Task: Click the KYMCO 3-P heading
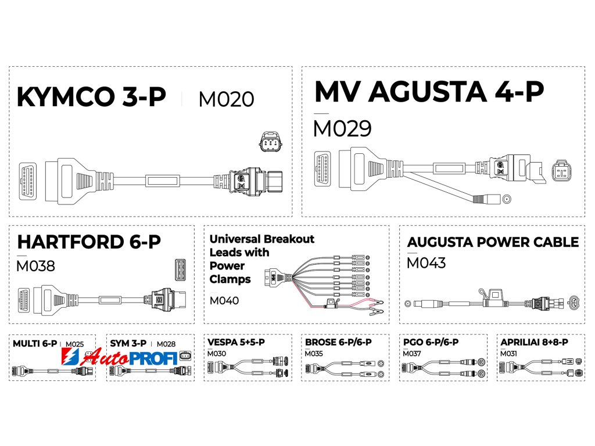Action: point(91,98)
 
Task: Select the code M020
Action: point(226,99)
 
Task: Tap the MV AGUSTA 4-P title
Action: point(429,92)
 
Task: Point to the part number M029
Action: point(342,128)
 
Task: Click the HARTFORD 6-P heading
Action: point(89,242)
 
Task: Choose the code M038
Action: point(36,266)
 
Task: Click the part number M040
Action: point(224,300)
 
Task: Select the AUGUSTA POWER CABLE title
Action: point(493,242)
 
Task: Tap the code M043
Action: point(426,263)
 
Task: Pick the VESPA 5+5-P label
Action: point(236,342)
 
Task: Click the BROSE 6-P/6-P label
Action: point(338,342)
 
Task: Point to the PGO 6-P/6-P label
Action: point(430,342)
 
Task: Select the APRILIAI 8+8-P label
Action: point(534,342)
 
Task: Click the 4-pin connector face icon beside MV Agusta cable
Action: point(561,170)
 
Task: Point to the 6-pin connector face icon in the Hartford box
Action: point(180,269)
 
